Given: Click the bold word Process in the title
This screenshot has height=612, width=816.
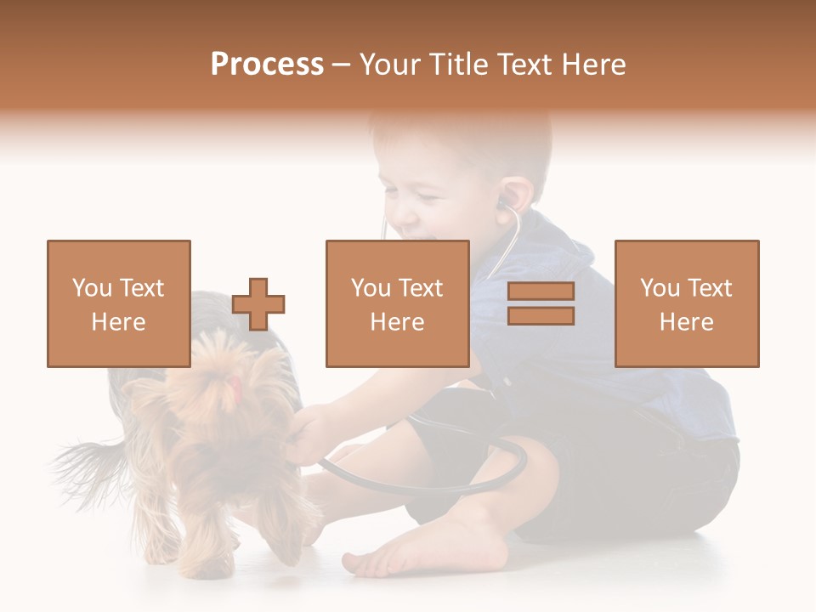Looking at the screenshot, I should (267, 65).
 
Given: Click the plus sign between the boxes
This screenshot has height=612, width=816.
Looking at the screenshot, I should (258, 304).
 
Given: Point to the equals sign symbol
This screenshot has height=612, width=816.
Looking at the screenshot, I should (541, 303).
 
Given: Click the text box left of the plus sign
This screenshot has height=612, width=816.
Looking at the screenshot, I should (119, 303).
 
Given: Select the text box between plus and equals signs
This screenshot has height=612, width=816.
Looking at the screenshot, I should (397, 303).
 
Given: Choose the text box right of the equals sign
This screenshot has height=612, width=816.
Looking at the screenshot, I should (687, 303).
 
